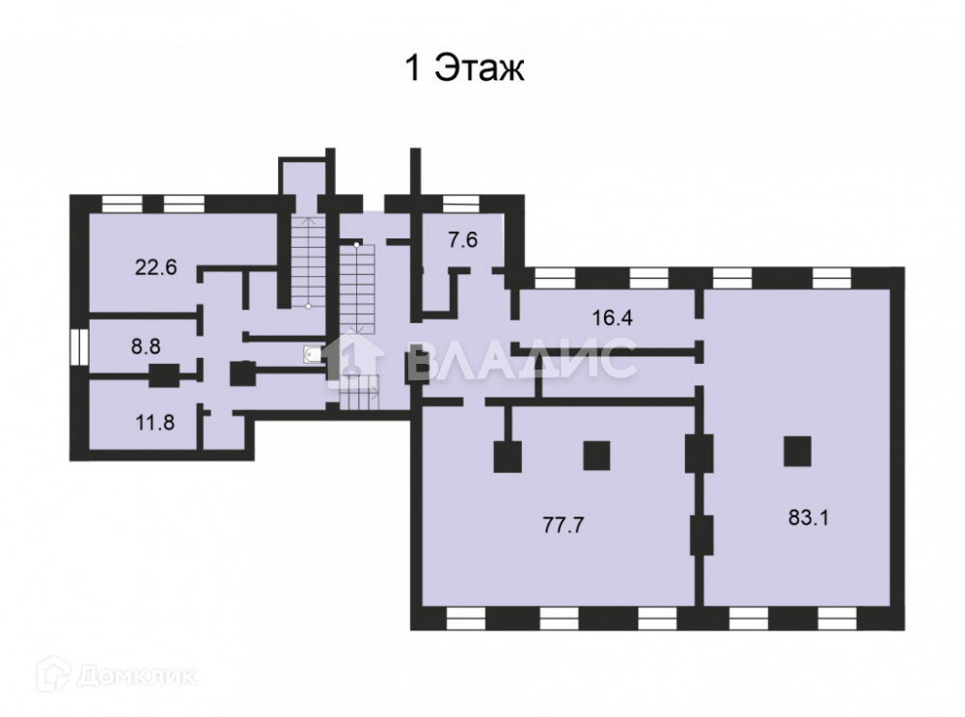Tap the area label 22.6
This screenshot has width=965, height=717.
coord(155,267)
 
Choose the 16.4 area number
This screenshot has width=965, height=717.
coord(612,317)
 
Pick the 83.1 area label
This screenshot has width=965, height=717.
coord(810,517)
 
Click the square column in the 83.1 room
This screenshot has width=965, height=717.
coord(796,450)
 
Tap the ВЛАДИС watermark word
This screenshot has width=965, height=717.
coord(521,360)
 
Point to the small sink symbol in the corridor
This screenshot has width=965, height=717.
coord(312,355)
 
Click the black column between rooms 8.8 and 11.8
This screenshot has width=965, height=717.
coord(163,375)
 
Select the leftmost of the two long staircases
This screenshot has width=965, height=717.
coord(307,261)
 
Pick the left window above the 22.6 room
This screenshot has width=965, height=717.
coord(123,203)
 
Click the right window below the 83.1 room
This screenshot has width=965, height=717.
coord(835,619)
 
